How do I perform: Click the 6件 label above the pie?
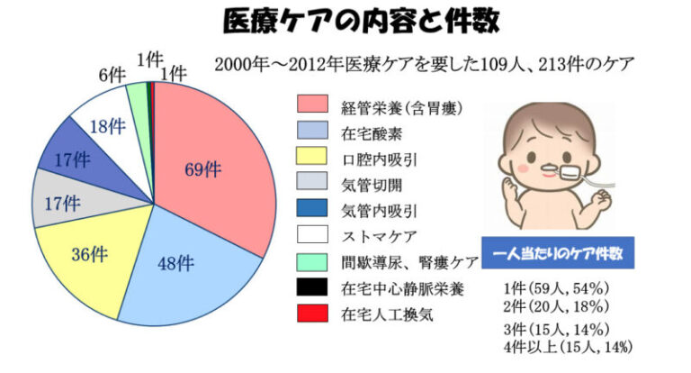(112, 76)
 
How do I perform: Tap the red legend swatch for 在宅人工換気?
(312, 313)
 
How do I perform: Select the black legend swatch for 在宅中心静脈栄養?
(312, 287)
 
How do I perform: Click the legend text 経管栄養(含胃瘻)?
(402, 108)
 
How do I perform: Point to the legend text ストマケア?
(379, 237)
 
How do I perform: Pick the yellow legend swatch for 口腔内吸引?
(312, 156)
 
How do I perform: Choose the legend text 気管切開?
(372, 185)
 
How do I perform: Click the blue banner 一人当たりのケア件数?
(558, 253)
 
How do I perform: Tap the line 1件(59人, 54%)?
(556, 288)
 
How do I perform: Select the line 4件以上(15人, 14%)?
(569, 347)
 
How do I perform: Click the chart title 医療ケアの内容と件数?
(362, 21)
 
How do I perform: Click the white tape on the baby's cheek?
(570, 173)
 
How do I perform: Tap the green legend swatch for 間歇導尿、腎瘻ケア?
(312, 262)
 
